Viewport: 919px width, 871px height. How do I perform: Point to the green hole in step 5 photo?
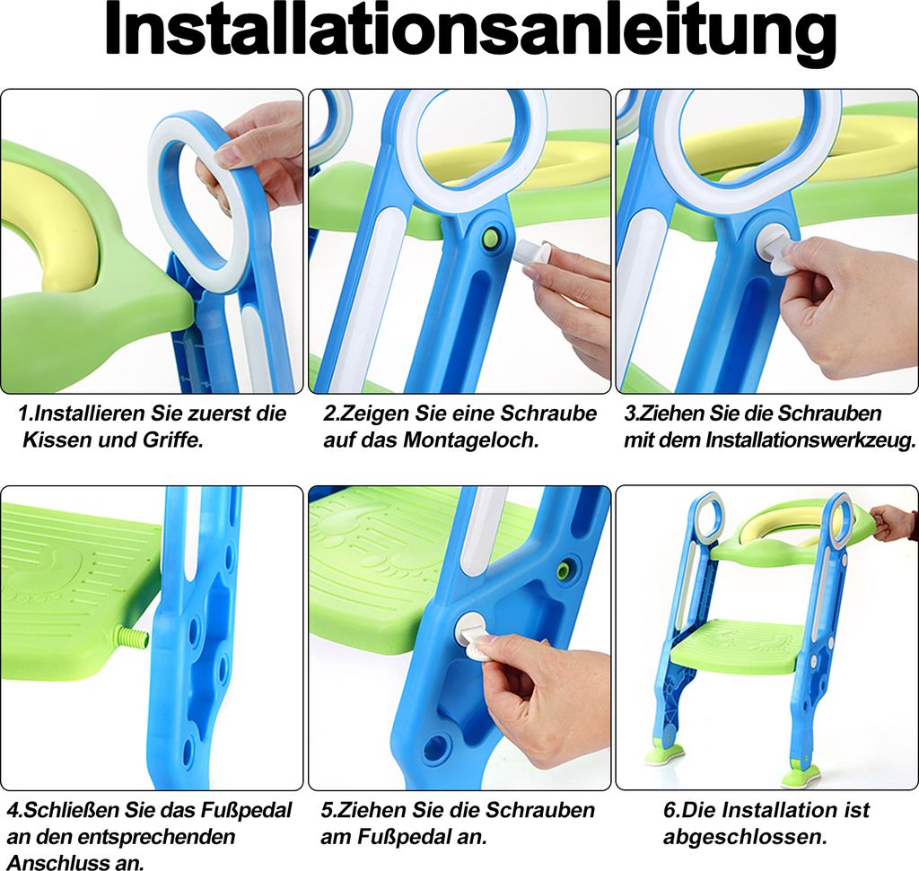pyautogui.click(x=566, y=569)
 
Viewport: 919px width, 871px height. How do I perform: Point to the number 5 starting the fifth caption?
pyautogui.click(x=326, y=811)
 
